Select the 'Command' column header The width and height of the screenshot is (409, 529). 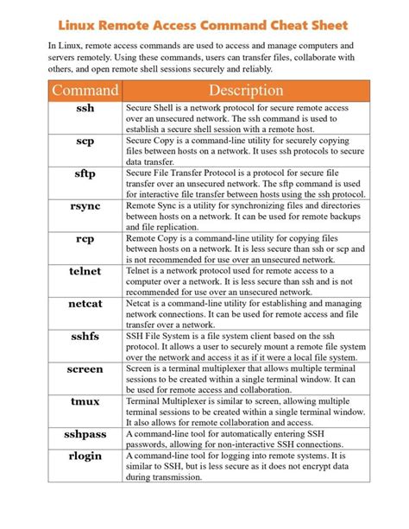pyautogui.click(x=85, y=91)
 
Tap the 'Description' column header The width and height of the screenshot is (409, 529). pyautogui.click(x=245, y=91)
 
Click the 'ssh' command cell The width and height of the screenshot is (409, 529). pyautogui.click(x=85, y=109)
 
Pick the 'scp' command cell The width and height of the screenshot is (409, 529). pyautogui.click(x=85, y=141)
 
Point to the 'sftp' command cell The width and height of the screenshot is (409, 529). pyautogui.click(x=85, y=173)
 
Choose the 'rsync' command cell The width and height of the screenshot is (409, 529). pyautogui.click(x=85, y=206)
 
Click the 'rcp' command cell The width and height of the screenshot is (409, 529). pyautogui.click(x=85, y=238)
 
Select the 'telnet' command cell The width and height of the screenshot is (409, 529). pyautogui.click(x=85, y=271)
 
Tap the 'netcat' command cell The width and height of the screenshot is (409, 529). pyautogui.click(x=85, y=304)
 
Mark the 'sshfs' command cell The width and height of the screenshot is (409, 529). pyautogui.click(x=85, y=337)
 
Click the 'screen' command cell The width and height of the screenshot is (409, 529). pyautogui.click(x=85, y=368)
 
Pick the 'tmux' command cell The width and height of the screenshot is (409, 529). pyautogui.click(x=85, y=401)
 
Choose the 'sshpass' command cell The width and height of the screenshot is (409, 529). pyautogui.click(x=85, y=434)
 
